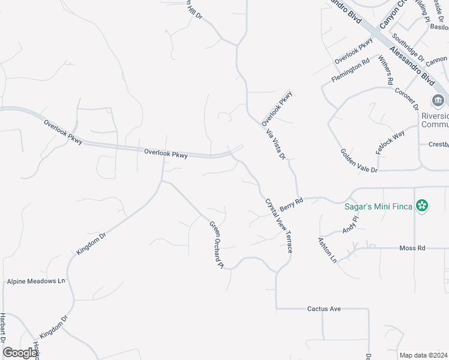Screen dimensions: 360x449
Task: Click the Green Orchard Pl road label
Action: point(216,244)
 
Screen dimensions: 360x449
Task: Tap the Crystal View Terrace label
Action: point(279,225)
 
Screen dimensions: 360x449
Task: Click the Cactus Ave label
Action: point(324,308)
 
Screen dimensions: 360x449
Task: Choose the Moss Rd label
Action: point(412,247)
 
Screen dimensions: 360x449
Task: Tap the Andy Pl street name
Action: point(349,224)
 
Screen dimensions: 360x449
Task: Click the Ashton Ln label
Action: point(327,250)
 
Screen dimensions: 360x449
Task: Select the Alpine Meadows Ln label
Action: point(35,281)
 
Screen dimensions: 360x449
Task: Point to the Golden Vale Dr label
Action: point(358,161)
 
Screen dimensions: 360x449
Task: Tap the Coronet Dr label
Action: point(406,98)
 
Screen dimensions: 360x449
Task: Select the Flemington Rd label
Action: point(350,72)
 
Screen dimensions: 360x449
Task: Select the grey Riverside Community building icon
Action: point(438,100)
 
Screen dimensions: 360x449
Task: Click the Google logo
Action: point(20,353)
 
